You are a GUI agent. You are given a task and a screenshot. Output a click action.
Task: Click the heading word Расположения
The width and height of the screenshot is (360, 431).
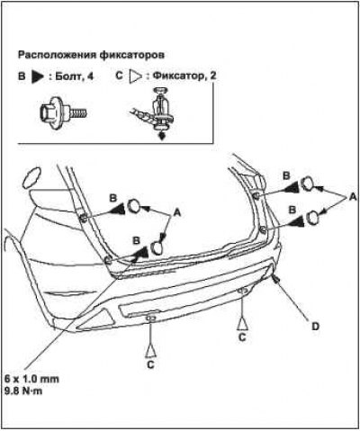tap(57, 55)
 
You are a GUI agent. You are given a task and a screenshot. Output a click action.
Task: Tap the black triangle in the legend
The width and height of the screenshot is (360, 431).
tap(38, 76)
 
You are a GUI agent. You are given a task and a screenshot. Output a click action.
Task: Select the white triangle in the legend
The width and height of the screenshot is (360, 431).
tap(135, 76)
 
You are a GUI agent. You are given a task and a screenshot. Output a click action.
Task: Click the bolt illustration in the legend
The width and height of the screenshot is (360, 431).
tap(62, 113)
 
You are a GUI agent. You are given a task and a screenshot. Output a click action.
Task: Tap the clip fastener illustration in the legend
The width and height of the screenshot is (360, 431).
tap(154, 113)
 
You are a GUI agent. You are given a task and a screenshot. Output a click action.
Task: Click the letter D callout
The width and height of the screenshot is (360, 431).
tap(316, 326)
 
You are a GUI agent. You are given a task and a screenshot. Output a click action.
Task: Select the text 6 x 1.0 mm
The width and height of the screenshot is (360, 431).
tap(32, 379)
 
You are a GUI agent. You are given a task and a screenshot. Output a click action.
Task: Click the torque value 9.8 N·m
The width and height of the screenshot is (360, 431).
tap(23, 391)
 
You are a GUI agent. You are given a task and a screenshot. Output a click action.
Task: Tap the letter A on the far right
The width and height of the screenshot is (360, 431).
tap(353, 197)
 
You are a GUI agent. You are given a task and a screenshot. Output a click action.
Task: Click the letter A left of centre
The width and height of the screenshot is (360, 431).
tap(177, 212)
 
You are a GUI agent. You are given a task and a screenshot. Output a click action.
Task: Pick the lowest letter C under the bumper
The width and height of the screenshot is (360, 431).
tap(150, 364)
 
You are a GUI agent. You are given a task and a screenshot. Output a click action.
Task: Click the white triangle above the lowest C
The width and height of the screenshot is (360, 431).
tap(151, 351)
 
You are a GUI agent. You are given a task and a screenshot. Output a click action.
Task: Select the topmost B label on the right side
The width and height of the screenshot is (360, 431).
tap(286, 175)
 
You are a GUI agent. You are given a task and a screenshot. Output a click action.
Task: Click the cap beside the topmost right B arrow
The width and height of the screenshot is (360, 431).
tap(307, 184)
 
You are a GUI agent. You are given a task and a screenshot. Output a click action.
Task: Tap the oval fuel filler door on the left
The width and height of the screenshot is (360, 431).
tap(31, 178)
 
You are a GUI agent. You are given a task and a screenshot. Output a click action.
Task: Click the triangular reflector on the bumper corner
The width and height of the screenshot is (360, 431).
tap(96, 319)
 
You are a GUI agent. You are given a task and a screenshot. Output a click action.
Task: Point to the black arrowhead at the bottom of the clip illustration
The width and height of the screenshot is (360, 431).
tap(162, 137)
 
